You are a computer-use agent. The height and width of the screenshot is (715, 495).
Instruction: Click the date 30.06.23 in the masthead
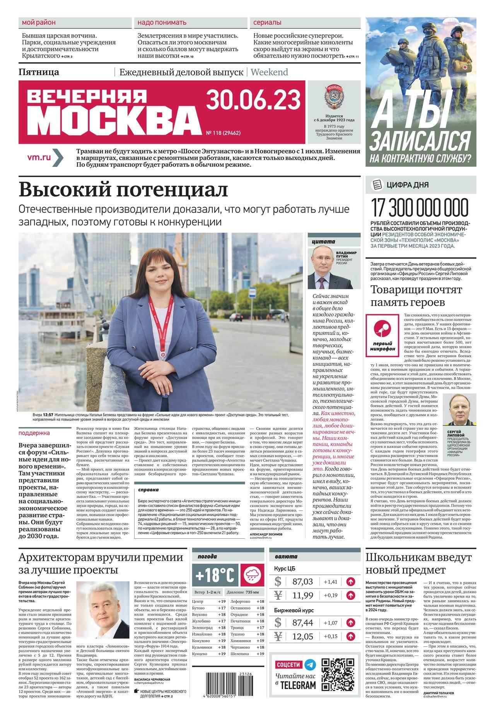coord(253,100)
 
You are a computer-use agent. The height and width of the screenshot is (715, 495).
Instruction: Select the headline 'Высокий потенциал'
coord(123,190)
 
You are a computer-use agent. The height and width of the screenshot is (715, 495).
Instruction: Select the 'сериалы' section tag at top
coord(267,23)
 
